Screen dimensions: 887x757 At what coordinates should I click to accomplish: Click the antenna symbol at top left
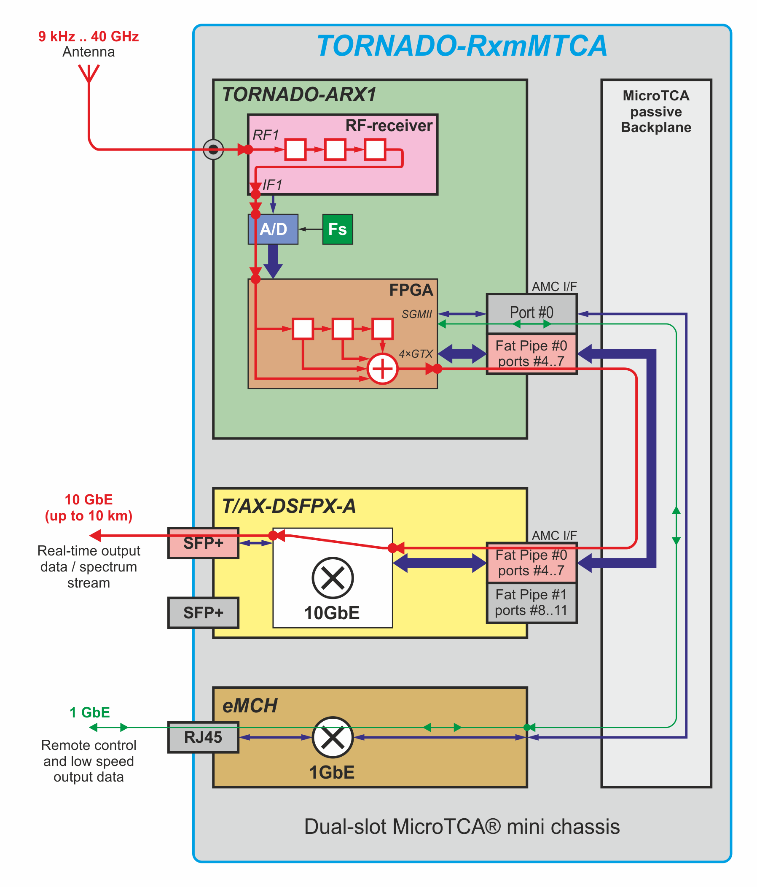[89, 73]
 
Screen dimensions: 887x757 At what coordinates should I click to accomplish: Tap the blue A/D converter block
[273, 229]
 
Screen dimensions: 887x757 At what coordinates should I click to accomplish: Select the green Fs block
[337, 229]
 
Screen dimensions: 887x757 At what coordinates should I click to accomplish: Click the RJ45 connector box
[203, 737]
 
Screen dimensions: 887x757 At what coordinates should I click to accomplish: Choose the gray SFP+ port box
[203, 612]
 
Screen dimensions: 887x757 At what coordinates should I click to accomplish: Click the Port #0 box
[531, 313]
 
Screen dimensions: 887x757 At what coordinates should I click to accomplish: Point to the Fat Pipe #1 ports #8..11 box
[531, 602]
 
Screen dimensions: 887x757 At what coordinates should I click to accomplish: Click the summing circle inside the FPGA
[382, 368]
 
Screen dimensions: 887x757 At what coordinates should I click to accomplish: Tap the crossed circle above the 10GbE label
[332, 577]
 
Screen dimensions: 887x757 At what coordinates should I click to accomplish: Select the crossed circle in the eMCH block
[332, 737]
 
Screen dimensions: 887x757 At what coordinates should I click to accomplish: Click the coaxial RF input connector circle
[213, 149]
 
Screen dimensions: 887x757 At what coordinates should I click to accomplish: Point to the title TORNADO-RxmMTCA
[462, 46]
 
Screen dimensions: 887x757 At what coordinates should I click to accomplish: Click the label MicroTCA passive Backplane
[656, 111]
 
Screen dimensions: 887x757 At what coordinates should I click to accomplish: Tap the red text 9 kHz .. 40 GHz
[89, 36]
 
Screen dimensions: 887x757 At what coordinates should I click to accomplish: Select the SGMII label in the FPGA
[416, 314]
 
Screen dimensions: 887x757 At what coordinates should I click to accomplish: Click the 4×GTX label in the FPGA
[416, 353]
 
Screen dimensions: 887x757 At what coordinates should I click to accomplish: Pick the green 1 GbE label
[89, 712]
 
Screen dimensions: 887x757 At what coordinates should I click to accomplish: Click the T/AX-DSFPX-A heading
[289, 506]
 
